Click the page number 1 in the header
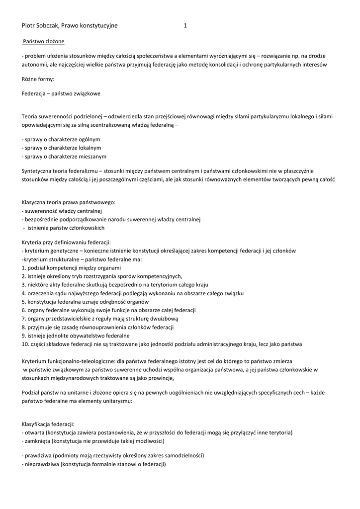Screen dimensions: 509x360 click(185, 26)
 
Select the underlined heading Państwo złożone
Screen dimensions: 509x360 click(43, 41)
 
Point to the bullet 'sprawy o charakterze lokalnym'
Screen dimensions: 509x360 click(62, 148)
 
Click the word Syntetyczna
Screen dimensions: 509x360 click(38, 170)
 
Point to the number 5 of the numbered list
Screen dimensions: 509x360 click(24, 302)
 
